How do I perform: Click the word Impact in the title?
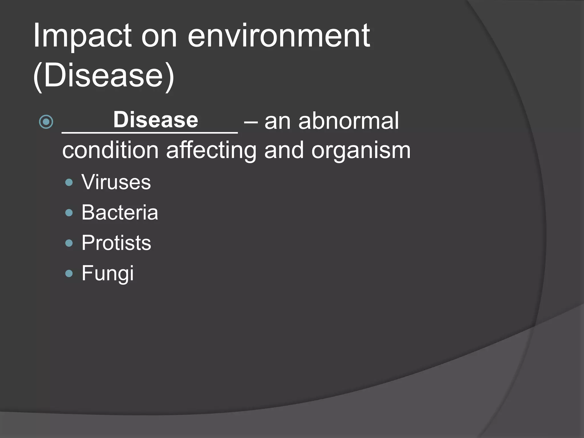pyautogui.click(x=82, y=36)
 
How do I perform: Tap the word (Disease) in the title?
pyautogui.click(x=104, y=76)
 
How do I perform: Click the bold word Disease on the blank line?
pyautogui.click(x=155, y=120)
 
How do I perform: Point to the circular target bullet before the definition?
pyautogui.click(x=46, y=122)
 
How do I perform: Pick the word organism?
pyautogui.click(x=361, y=151)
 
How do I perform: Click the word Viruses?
pyautogui.click(x=116, y=182)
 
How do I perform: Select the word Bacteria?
pyautogui.click(x=119, y=213)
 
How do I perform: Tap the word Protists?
pyautogui.click(x=116, y=243)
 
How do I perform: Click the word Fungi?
pyautogui.click(x=108, y=273)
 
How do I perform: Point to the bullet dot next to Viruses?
pyautogui.click(x=69, y=182)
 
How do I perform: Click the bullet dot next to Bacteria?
pyautogui.click(x=69, y=213)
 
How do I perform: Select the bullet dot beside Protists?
pyautogui.click(x=69, y=243)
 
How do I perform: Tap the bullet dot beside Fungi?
pyautogui.click(x=69, y=274)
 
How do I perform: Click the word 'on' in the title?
pyautogui.click(x=159, y=36)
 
